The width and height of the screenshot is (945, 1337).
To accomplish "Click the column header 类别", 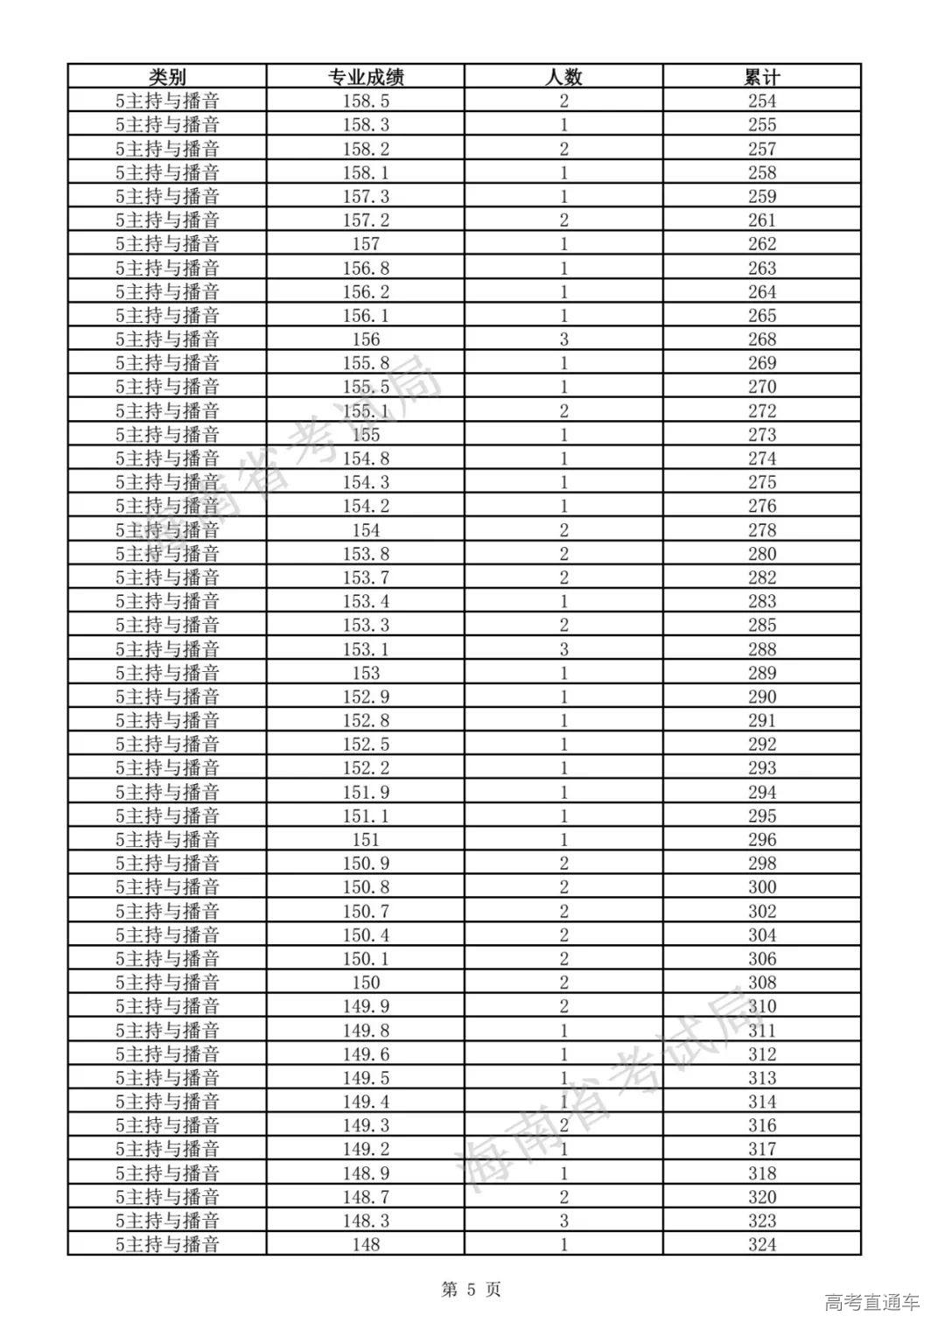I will tap(167, 77).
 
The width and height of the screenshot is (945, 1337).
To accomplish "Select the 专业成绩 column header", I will tap(366, 77).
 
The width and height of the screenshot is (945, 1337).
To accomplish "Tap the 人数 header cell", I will tap(563, 77).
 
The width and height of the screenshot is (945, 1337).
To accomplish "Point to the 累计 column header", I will tap(761, 77).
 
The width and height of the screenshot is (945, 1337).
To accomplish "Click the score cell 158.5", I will tap(366, 101).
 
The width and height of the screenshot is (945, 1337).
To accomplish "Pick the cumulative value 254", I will tap(761, 101).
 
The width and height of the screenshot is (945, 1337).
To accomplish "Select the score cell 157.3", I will tap(366, 196).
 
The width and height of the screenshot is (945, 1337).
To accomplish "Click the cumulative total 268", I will tap(761, 339).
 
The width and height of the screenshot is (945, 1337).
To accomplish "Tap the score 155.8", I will tap(366, 363).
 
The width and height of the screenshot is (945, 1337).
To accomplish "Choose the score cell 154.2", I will tap(366, 506).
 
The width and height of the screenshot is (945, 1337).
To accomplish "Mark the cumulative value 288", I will tap(761, 648).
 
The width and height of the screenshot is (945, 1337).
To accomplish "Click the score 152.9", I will tap(366, 696).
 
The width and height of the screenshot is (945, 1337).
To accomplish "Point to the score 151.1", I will tap(366, 815).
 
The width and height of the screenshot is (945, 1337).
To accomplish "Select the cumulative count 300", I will tap(761, 886).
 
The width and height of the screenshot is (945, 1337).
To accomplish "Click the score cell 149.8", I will tap(366, 1030).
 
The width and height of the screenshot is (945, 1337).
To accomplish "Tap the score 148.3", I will tap(366, 1221).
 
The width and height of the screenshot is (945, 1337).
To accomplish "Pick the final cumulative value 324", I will tap(761, 1244).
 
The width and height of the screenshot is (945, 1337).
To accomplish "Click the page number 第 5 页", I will tap(472, 1289).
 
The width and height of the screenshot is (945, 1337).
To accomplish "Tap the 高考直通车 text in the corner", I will tap(872, 1302).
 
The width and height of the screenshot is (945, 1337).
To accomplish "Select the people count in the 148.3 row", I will tap(563, 1221).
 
